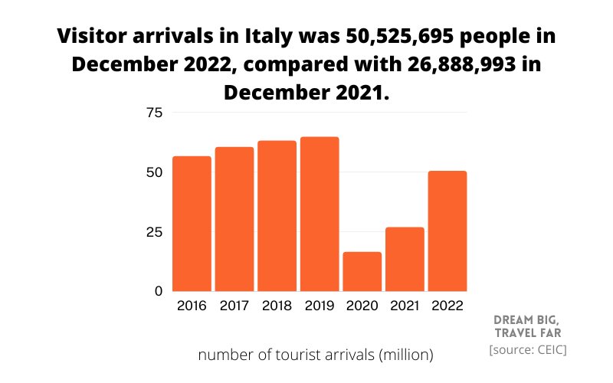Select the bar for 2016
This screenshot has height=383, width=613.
pos(191,224)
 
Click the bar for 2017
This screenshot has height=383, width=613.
pos(234,219)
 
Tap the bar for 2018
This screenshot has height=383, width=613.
pos(277,216)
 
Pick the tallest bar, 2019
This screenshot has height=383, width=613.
pos(320,214)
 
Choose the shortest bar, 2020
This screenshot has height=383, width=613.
pos(362,271)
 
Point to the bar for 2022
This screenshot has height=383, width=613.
pos(447,231)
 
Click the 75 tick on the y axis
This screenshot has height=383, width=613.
pos(154,113)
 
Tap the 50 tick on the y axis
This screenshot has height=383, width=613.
pos(154,172)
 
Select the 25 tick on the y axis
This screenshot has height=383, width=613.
pos(154,232)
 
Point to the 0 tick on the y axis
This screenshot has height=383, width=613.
pos(158,291)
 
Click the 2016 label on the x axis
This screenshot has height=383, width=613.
pos(191,307)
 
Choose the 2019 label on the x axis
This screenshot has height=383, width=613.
pos(320,307)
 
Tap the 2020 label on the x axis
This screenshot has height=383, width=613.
pos(362,307)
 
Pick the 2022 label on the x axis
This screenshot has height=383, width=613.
pos(447,307)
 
